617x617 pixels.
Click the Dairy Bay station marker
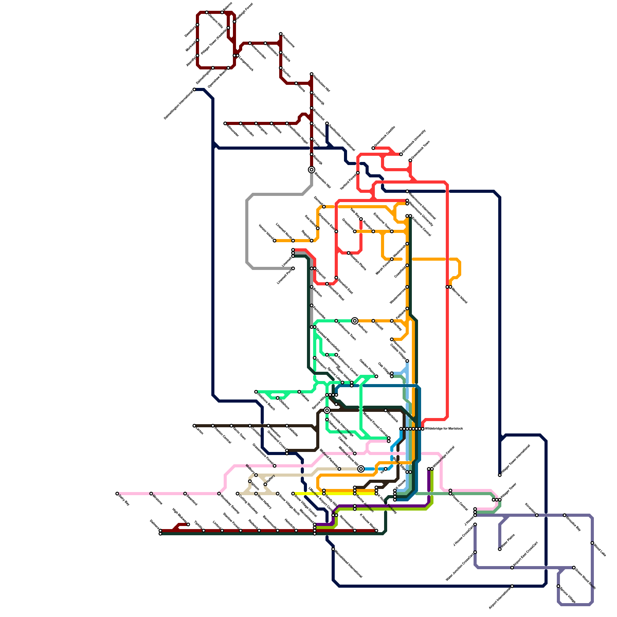coord(117,494)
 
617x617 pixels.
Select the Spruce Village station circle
coord(558,586)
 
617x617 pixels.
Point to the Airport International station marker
coord(512,586)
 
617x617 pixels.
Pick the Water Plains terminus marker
coord(500,549)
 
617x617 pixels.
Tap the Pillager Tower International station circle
coord(500,475)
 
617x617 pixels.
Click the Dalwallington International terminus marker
coord(194,89)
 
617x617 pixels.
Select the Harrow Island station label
coord(459,295)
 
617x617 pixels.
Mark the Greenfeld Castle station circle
coord(373,148)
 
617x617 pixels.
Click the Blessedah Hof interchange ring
coord(312,170)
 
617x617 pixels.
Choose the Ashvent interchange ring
coord(355,321)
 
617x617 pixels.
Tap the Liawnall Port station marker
coord(293,268)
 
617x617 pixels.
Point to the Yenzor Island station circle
coord(275,241)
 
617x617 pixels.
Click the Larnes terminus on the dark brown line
coord(194,426)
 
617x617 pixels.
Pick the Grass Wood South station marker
coord(574,568)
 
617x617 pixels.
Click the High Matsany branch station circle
coord(188,524)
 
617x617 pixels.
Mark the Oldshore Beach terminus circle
coord(256,392)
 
